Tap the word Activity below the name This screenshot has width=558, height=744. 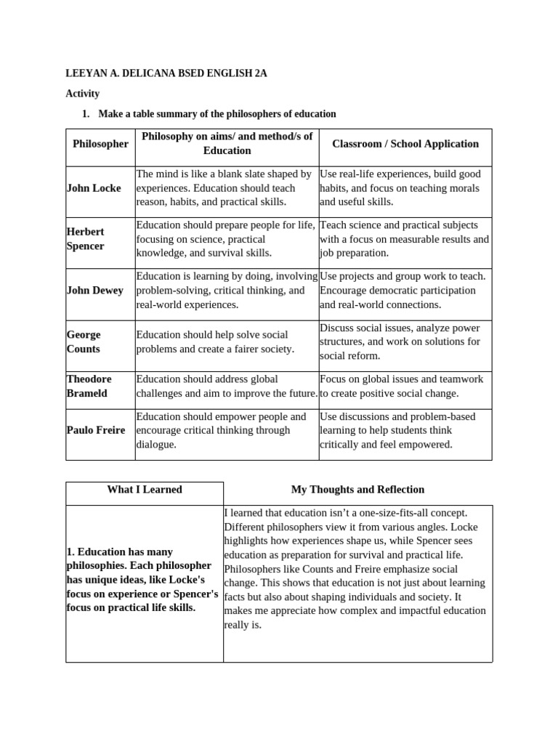tap(82, 94)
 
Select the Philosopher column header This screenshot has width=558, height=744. tap(100, 144)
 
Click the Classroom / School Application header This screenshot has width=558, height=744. tap(405, 144)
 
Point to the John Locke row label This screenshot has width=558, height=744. tap(94, 188)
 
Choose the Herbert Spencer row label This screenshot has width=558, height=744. tap(86, 239)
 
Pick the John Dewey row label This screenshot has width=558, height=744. tap(94, 291)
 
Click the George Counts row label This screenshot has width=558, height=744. tap(84, 341)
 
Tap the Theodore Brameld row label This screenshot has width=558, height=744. tap(89, 386)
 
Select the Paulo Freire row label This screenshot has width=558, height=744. tap(95, 430)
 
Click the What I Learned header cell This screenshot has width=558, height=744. tap(144, 490)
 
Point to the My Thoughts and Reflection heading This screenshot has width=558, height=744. tap(357, 490)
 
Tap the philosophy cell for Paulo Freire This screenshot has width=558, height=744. tap(226, 430)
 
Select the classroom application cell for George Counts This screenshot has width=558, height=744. tap(405, 341)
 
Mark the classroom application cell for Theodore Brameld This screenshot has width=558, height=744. tap(405, 386)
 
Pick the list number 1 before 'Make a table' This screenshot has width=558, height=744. tap(85, 114)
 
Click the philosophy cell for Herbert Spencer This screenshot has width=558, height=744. tap(226, 239)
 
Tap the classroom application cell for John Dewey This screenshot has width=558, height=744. tap(405, 291)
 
